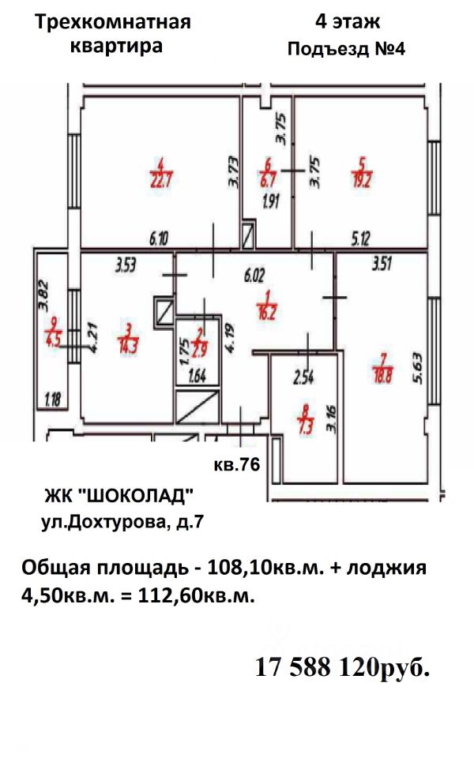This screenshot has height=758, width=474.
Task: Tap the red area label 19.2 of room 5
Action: [x=362, y=179]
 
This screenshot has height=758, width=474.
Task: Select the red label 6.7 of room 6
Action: [x=268, y=179]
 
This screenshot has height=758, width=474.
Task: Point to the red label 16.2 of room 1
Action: [x=266, y=312]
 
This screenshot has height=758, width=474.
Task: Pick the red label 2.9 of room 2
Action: [x=200, y=349]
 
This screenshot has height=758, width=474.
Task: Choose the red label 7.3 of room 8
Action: [x=307, y=426]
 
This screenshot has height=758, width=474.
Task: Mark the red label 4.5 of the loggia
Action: [x=52, y=339]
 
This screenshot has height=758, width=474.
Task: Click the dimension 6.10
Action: [x=159, y=238]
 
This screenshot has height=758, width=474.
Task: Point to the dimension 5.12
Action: [x=360, y=238]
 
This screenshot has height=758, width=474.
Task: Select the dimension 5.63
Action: [x=418, y=370]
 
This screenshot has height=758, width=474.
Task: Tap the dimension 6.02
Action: [x=254, y=276]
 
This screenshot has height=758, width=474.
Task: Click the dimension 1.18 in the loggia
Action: [x=53, y=400]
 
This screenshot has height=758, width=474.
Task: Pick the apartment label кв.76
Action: [x=237, y=464]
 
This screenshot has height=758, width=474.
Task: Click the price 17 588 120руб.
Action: [x=342, y=668]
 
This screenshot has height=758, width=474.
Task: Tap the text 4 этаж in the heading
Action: [x=348, y=22]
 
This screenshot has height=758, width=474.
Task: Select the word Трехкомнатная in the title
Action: [x=113, y=22]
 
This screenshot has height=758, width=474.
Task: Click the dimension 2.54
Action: [x=303, y=377]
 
